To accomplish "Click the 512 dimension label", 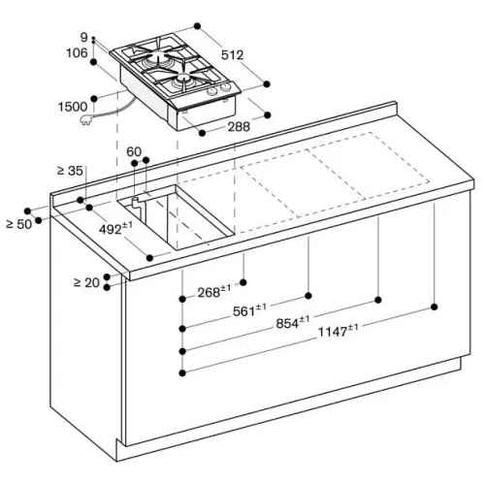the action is pyautogui.click(x=232, y=55).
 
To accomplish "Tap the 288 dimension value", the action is pyautogui.click(x=239, y=127).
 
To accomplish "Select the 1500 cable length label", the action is pyautogui.click(x=73, y=107).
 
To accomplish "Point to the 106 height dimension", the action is pyautogui.click(x=77, y=52).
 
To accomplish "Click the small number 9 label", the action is pyautogui.click(x=84, y=38).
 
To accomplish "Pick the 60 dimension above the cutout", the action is pyautogui.click(x=134, y=151).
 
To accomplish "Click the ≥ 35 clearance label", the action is pyautogui.click(x=70, y=171).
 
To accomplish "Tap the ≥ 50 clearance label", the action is pyautogui.click(x=19, y=224).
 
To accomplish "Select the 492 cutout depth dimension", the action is pyautogui.click(x=115, y=228).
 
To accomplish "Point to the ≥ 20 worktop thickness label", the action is pyautogui.click(x=86, y=283).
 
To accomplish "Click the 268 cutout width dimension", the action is pyautogui.click(x=214, y=291).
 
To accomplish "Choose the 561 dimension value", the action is pyautogui.click(x=249, y=310).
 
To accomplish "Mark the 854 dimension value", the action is pyautogui.click(x=293, y=322).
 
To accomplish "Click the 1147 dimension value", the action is pyautogui.click(x=339, y=331).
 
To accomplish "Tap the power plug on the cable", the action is pyautogui.click(x=86, y=121).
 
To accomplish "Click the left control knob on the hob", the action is pyautogui.click(x=211, y=91).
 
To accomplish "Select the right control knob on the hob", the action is pyautogui.click(x=224, y=87).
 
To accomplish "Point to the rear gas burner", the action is pyautogui.click(x=159, y=55).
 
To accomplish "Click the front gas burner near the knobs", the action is pyautogui.click(x=183, y=79).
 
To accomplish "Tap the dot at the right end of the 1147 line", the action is pyautogui.click(x=435, y=307).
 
